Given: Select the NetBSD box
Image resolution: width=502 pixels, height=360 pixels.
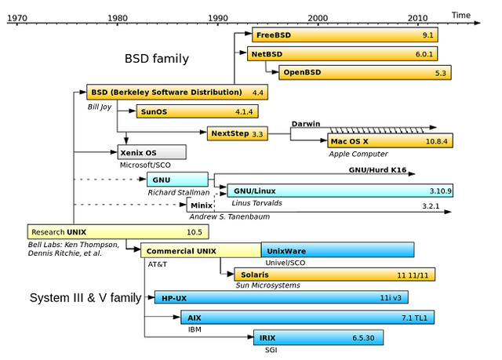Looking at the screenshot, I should click(342, 54).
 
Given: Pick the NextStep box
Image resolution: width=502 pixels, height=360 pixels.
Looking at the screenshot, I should click(236, 134).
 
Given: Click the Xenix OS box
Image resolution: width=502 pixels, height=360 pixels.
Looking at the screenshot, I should click(151, 152).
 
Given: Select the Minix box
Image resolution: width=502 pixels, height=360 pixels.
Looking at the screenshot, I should click(201, 205).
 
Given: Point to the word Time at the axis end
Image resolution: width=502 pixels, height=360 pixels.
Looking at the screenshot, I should click(461, 14).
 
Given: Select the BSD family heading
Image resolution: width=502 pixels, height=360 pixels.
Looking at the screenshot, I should click(156, 59).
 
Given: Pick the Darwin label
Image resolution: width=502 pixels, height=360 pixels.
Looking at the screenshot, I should click(307, 123).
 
